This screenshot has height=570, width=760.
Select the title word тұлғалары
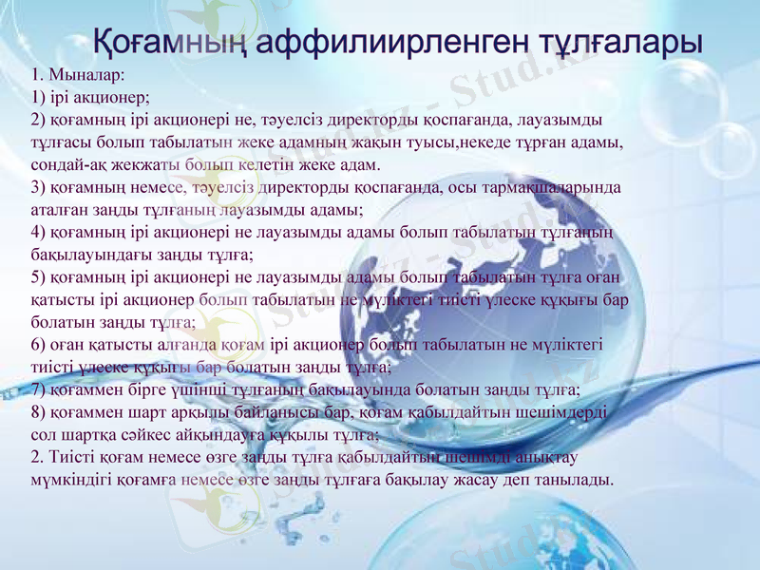(607, 42)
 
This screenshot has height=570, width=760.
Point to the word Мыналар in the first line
(89, 74)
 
